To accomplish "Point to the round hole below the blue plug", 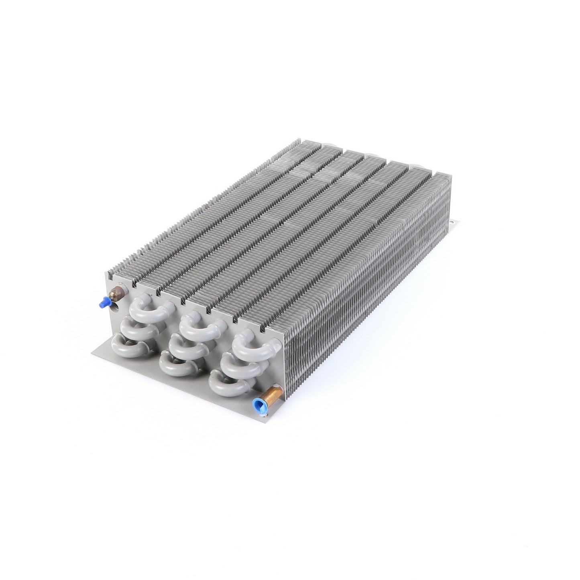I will point(116,309).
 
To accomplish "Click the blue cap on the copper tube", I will point(257,401).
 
